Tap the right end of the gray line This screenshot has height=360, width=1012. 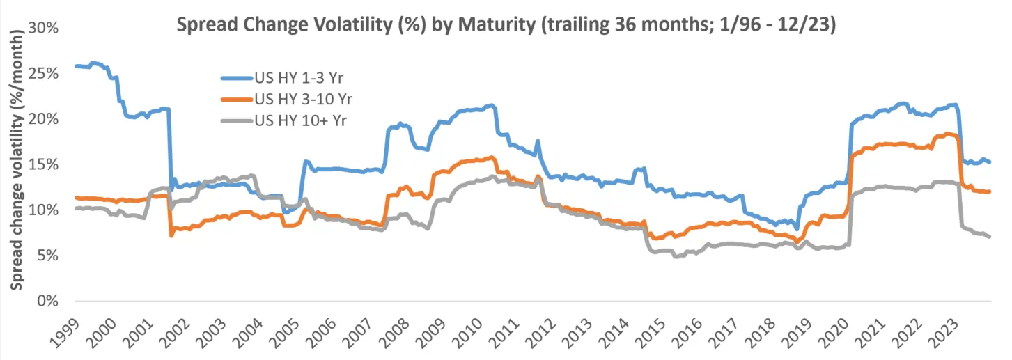click(990, 237)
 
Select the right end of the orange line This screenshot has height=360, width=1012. click(990, 191)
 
